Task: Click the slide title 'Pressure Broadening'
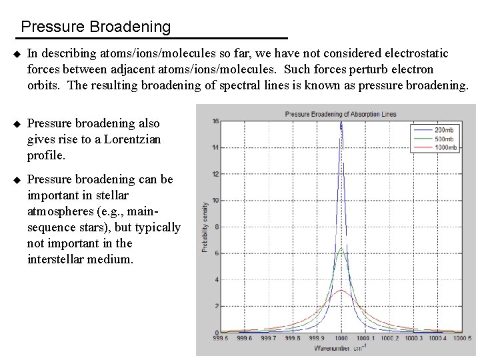tap(95, 27)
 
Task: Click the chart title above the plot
tap(341, 114)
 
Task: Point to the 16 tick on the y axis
tap(215, 121)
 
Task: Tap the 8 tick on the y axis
tap(215, 227)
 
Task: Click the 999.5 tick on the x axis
tap(220, 339)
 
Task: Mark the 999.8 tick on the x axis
tap(293, 339)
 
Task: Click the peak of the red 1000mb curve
tap(341, 291)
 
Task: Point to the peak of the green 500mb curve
tap(341, 249)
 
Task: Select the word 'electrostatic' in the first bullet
tap(417, 53)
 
